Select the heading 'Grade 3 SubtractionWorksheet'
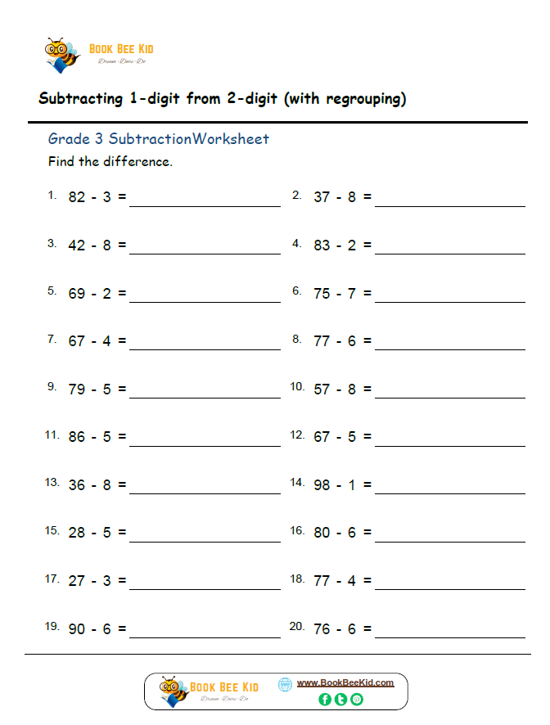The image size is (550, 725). pos(158,139)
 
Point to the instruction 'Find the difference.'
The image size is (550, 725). pos(110,161)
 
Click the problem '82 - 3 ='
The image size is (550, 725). pos(97,197)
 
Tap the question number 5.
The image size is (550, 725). pos(52,290)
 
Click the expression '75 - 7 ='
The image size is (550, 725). pos(342,293)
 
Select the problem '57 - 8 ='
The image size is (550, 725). pos(342,389)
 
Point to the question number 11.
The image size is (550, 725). pos(52,435)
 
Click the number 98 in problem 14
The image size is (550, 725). pos(322,484)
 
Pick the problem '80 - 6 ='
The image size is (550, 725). pos(342,533)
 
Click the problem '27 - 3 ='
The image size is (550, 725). pos(97,580)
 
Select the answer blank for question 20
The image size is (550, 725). pos(449,636)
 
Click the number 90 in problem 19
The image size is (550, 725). pos(77,628)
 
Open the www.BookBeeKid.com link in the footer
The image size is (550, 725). pos(345,682)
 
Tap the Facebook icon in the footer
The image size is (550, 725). pos(325,699)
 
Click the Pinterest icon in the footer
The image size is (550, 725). pos(356,699)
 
